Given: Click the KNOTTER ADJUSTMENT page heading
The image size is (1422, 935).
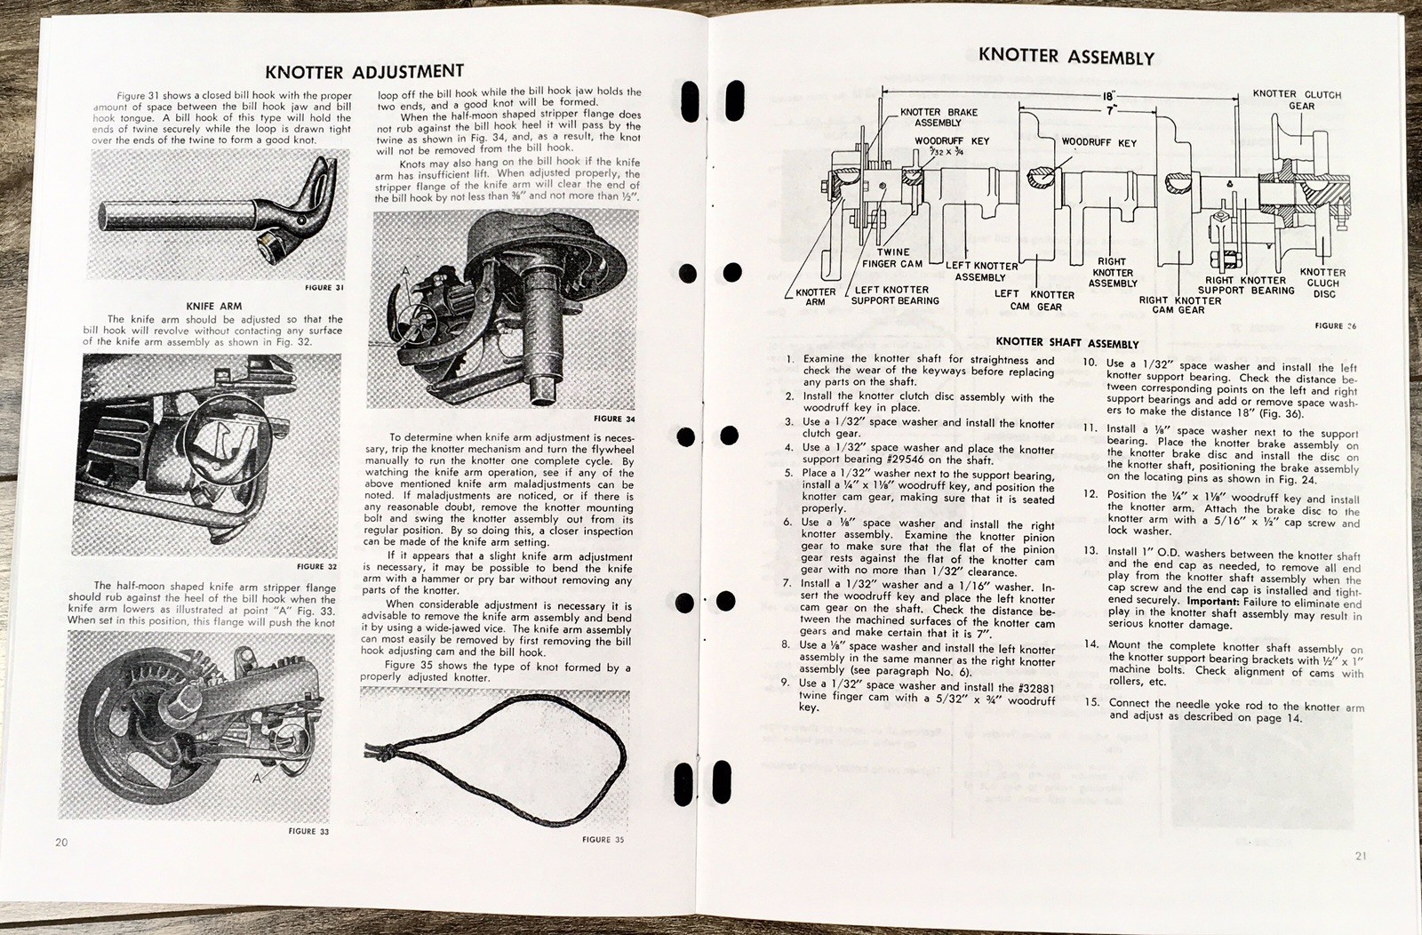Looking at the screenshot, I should point(364,72).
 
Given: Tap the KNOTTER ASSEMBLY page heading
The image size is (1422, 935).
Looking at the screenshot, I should point(1066,57).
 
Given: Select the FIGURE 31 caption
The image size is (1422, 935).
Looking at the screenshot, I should point(324,288).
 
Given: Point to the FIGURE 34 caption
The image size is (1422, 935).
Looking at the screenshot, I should point(614,419).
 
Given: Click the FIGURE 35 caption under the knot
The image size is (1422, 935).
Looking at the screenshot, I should point(603,839).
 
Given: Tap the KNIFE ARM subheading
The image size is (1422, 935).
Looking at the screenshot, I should point(213,306).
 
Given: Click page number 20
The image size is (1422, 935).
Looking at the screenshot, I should point(61,843).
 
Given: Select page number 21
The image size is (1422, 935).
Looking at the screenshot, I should point(1361,857).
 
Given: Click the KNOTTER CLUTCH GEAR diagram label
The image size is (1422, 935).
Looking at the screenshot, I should point(1296,100).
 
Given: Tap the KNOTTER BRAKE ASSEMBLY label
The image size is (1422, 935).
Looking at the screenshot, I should point(938,117).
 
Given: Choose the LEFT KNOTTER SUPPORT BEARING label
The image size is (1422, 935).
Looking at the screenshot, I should point(894,295).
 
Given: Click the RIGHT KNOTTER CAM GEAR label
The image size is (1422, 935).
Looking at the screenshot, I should point(1179,305).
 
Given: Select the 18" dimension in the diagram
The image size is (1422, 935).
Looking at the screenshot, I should point(1108,94).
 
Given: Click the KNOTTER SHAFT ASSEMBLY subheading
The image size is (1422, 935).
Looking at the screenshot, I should point(1066,343).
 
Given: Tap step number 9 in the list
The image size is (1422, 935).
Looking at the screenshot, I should point(785,683).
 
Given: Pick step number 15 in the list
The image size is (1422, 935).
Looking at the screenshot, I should point(1091,702).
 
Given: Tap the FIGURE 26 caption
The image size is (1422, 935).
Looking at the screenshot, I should point(1335,325).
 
